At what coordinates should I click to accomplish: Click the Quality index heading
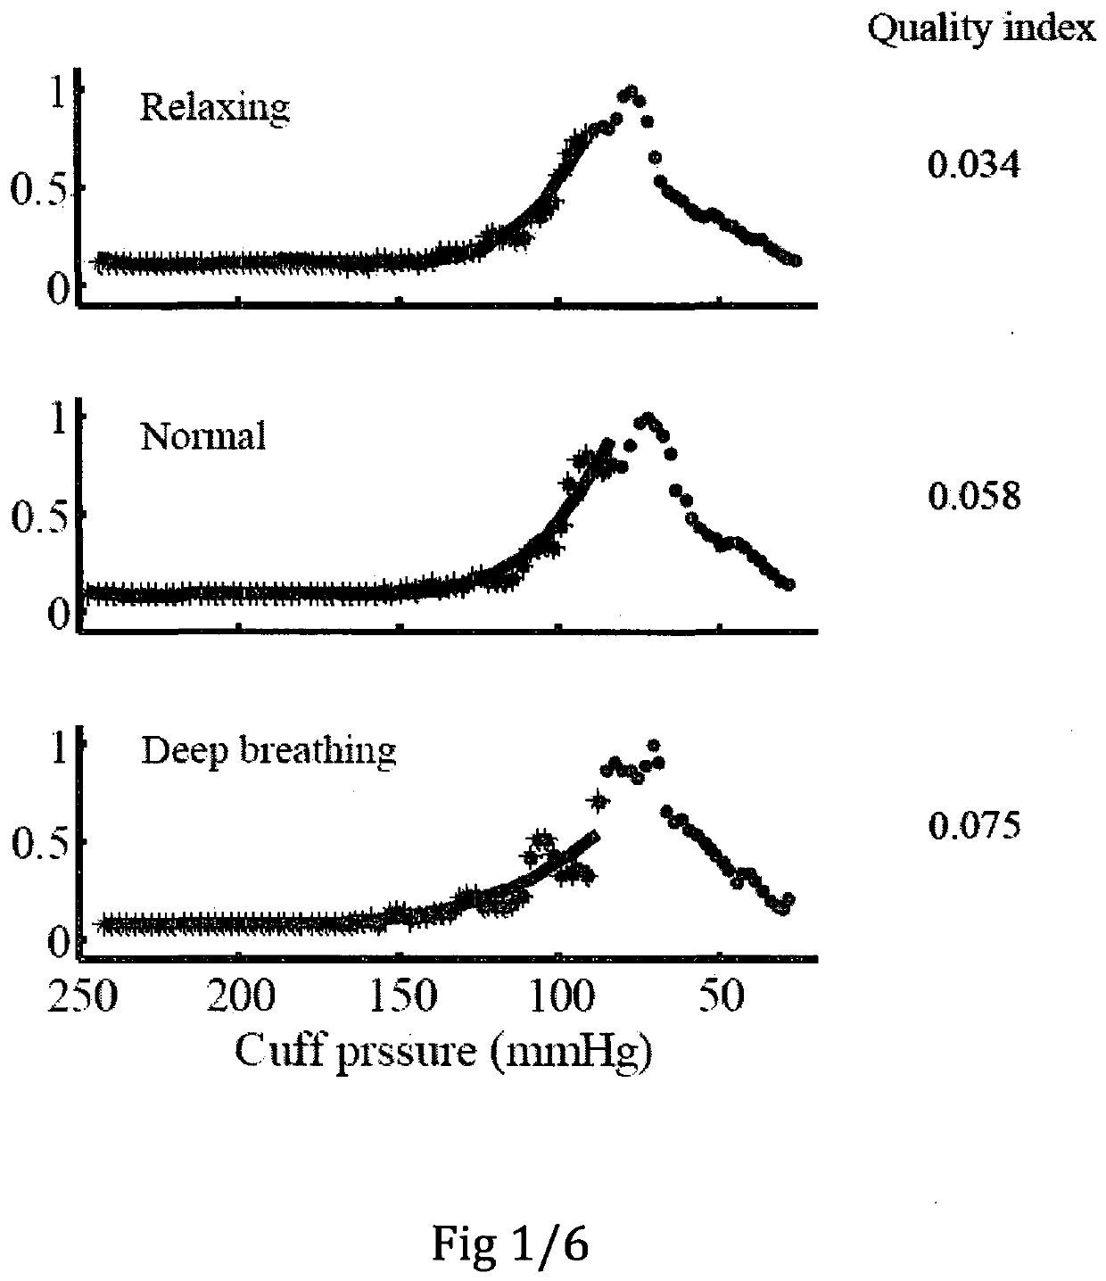981,29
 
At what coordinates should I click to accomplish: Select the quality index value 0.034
973,165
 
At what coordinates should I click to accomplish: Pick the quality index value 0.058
974,496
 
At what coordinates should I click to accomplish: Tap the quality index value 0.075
974,826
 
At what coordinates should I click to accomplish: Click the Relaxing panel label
215,108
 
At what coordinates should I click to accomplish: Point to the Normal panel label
203,435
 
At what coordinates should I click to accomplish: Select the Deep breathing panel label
268,752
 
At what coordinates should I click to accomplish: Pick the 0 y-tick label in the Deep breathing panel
58,943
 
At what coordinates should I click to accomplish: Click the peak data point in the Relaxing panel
631,92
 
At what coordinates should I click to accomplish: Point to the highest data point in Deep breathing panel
654,744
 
